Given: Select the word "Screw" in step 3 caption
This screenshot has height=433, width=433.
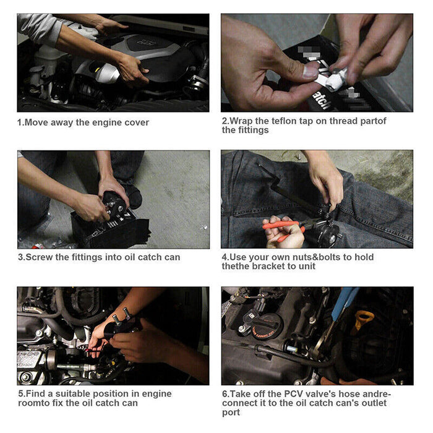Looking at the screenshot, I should point(40,257).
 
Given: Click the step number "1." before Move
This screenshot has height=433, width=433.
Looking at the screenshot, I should point(20,122).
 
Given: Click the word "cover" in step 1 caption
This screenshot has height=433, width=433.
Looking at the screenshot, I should point(136,122).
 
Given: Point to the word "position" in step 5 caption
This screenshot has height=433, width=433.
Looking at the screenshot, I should point(105,394).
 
